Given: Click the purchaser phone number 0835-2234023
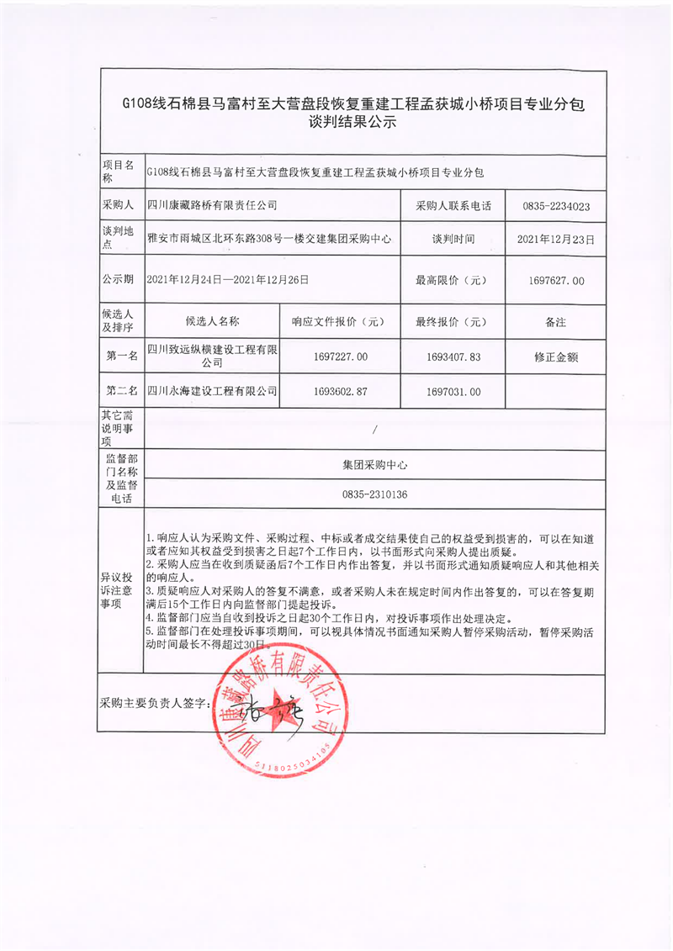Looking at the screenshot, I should click(x=555, y=205).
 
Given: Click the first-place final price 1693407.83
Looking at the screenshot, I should click(x=453, y=357).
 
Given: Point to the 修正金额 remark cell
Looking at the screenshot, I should click(x=555, y=357).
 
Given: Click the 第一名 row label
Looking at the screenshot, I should click(x=122, y=357).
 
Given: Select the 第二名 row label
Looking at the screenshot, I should click(x=122, y=392).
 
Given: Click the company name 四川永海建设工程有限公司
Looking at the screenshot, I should click(x=212, y=392).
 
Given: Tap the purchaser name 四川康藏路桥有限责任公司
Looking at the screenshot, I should click(x=212, y=205).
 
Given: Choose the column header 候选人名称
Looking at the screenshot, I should click(x=212, y=321).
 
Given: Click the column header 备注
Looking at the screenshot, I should click(x=555, y=321).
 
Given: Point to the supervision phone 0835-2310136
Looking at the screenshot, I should click(x=374, y=495).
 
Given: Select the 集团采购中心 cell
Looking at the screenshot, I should click(x=374, y=463).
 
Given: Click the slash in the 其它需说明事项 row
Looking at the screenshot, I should click(x=374, y=429).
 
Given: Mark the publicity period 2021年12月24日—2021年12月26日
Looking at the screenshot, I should click(x=227, y=280).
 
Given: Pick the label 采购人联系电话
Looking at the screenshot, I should click(x=453, y=205).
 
